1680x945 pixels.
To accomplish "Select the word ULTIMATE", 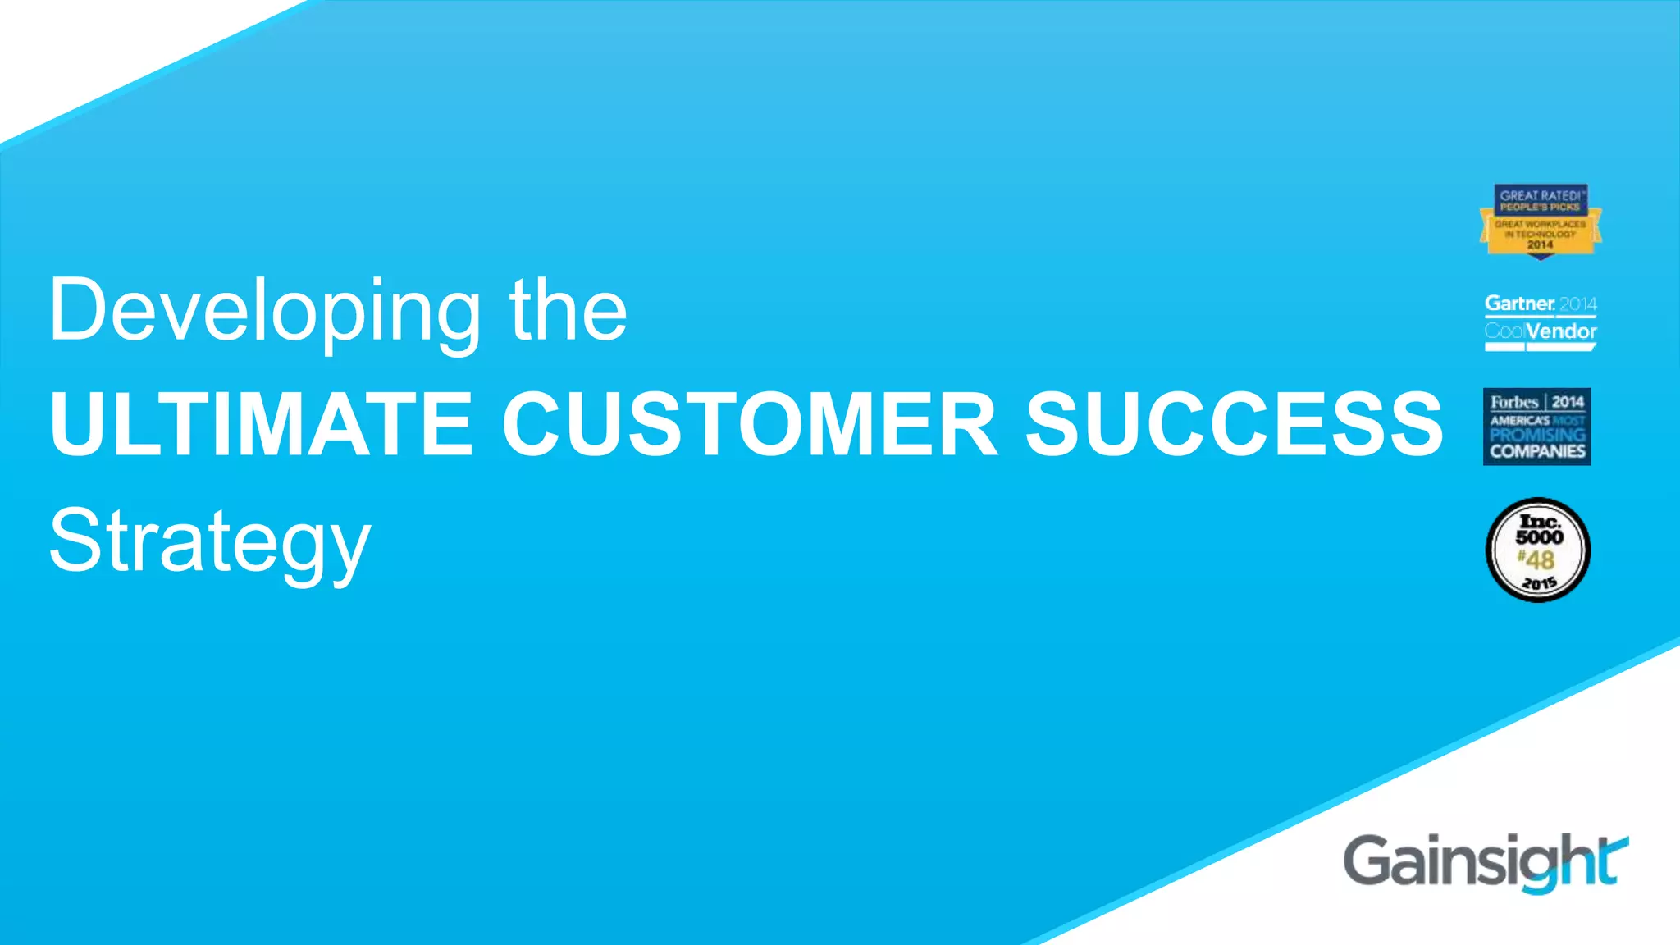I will coord(261,423).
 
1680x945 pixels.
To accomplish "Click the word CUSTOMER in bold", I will coord(750,423).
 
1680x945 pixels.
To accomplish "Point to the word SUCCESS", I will coord(1234,423).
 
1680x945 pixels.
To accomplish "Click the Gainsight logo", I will coord(1485,861).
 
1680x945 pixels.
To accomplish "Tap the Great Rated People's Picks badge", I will coord(1540,221).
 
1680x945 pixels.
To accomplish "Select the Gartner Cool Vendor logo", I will coord(1540,321).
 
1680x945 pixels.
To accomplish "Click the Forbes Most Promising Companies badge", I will coord(1536,427).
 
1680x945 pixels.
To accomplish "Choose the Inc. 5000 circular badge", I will coord(1538,550).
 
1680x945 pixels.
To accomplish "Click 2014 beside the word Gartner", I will coord(1577,304).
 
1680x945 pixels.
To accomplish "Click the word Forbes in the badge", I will coord(1514,402).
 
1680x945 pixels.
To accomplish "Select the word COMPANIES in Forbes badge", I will coord(1537,451).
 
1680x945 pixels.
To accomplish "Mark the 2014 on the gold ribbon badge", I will coord(1540,244).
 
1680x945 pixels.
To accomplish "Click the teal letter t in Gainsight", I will coord(1609,861).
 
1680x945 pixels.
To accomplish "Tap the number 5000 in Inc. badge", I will coord(1539,537).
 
